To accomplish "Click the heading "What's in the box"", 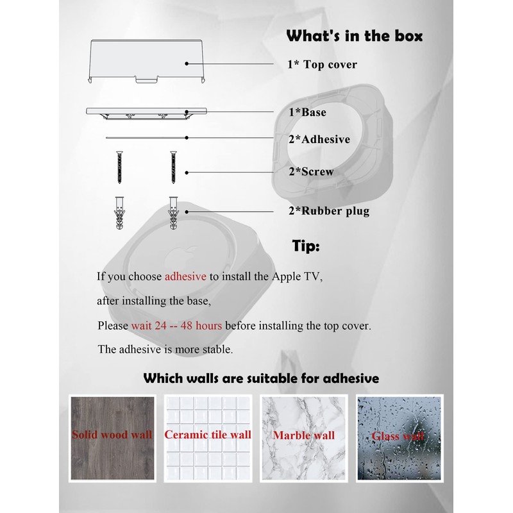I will tap(354, 36).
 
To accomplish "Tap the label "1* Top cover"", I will tap(322, 64).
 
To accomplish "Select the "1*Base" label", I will tap(307, 112).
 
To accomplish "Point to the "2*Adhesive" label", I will tap(319, 139).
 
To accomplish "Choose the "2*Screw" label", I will tap(311, 171).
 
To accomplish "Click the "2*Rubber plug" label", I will tap(328, 210).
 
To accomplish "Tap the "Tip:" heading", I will tap(306, 246).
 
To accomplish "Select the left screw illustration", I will tap(119, 167).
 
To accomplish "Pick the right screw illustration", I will tap(172, 167).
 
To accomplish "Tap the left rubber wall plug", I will tap(119, 211).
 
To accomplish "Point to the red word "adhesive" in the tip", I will tap(185, 277).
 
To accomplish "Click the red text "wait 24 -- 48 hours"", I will tap(176, 325).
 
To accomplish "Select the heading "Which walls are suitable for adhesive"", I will tap(261, 378).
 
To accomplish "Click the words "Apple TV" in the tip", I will tap(301, 277).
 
